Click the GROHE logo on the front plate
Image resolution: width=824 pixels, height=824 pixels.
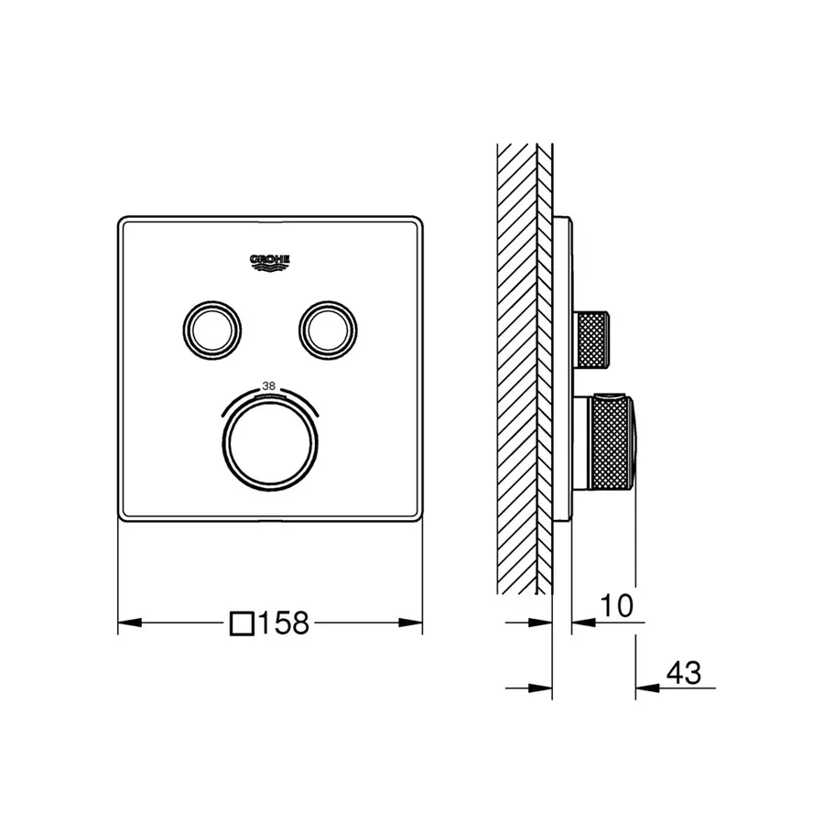270,263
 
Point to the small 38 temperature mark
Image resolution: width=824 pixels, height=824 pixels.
269,386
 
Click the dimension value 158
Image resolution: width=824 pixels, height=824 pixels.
283,624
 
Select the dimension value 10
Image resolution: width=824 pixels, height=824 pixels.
618,604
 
